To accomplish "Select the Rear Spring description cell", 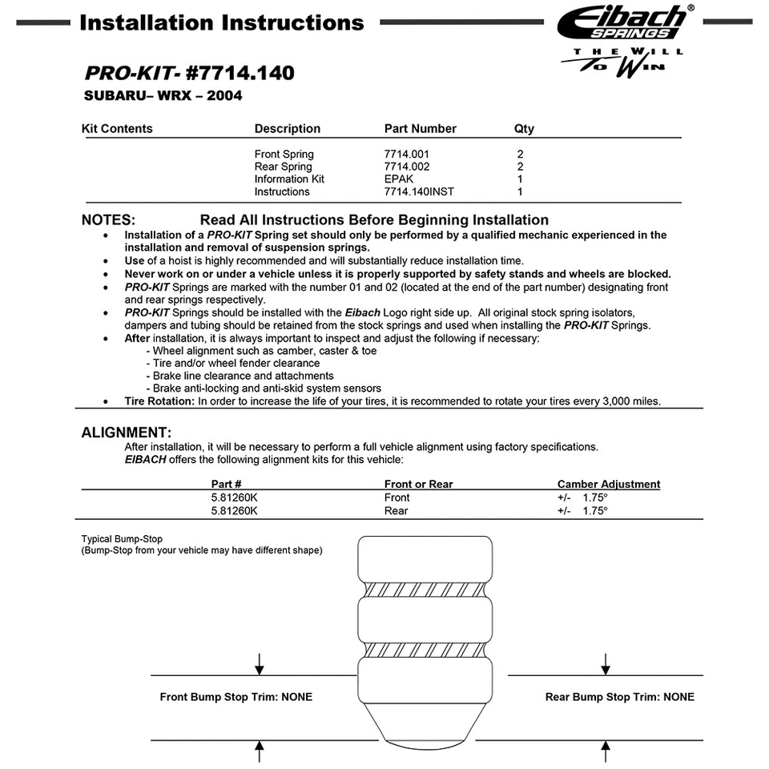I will pyautogui.click(x=284, y=167).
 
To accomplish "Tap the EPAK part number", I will pyautogui.click(x=399, y=179).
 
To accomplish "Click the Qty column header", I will pyautogui.click(x=524, y=129).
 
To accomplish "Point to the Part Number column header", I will pyautogui.click(x=420, y=129).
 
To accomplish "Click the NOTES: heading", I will pyautogui.click(x=108, y=220).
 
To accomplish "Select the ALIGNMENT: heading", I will pyautogui.click(x=127, y=433).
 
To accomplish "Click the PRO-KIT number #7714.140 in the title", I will pyautogui.click(x=240, y=74).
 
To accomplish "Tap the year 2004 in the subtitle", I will pyautogui.click(x=223, y=97).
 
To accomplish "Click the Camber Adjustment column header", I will pyautogui.click(x=609, y=485).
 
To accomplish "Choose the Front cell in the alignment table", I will pyautogui.click(x=397, y=497).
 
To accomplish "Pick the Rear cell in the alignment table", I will pyautogui.click(x=396, y=510).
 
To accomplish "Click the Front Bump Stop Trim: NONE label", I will pyautogui.click(x=236, y=697).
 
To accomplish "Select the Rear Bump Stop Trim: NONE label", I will pyautogui.click(x=620, y=697).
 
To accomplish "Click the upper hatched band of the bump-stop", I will pyautogui.click(x=424, y=589).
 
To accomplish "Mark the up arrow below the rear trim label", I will pyautogui.click(x=606, y=751).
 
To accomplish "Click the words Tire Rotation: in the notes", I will pyautogui.click(x=159, y=401).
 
